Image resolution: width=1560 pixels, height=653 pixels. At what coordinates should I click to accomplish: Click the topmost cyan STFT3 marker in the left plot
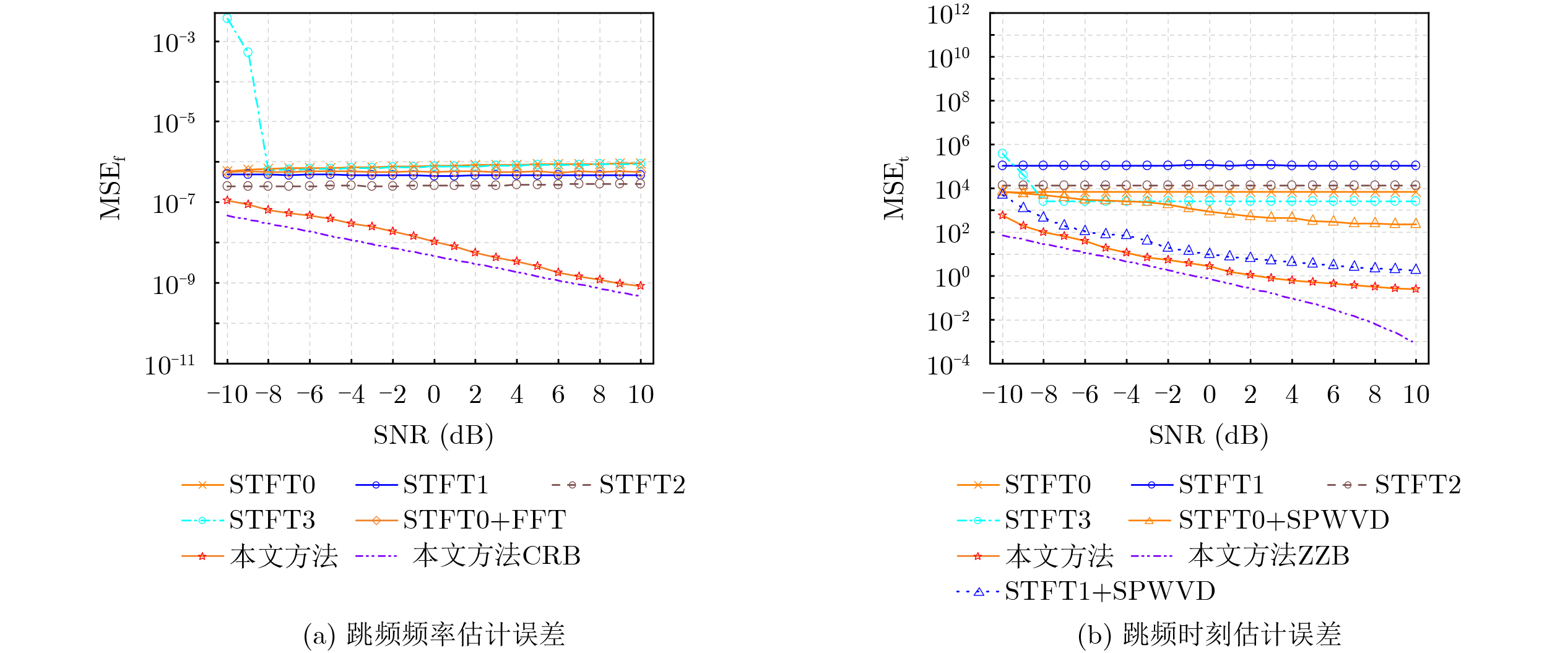[x=227, y=19]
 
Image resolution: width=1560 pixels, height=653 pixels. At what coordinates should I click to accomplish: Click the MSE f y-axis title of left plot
[x=111, y=188]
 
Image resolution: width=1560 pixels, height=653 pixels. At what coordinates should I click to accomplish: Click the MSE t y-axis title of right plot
[x=895, y=188]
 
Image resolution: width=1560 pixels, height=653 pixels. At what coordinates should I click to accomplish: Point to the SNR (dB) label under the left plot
[x=433, y=436]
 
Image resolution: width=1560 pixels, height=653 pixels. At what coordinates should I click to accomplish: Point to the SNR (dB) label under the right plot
[x=1208, y=436]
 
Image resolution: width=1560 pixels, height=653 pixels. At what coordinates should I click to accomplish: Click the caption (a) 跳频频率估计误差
[x=434, y=635]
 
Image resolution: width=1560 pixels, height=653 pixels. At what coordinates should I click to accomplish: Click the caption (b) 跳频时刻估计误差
[x=1209, y=635]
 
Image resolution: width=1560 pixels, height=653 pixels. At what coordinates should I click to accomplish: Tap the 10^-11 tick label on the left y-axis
[x=170, y=365]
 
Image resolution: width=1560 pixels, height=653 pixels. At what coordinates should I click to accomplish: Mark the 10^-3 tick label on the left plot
[x=173, y=43]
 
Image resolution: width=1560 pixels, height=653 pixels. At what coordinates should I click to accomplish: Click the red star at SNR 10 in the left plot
[x=641, y=286]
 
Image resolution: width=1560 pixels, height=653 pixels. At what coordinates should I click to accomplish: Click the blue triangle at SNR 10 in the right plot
[x=1416, y=270]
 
